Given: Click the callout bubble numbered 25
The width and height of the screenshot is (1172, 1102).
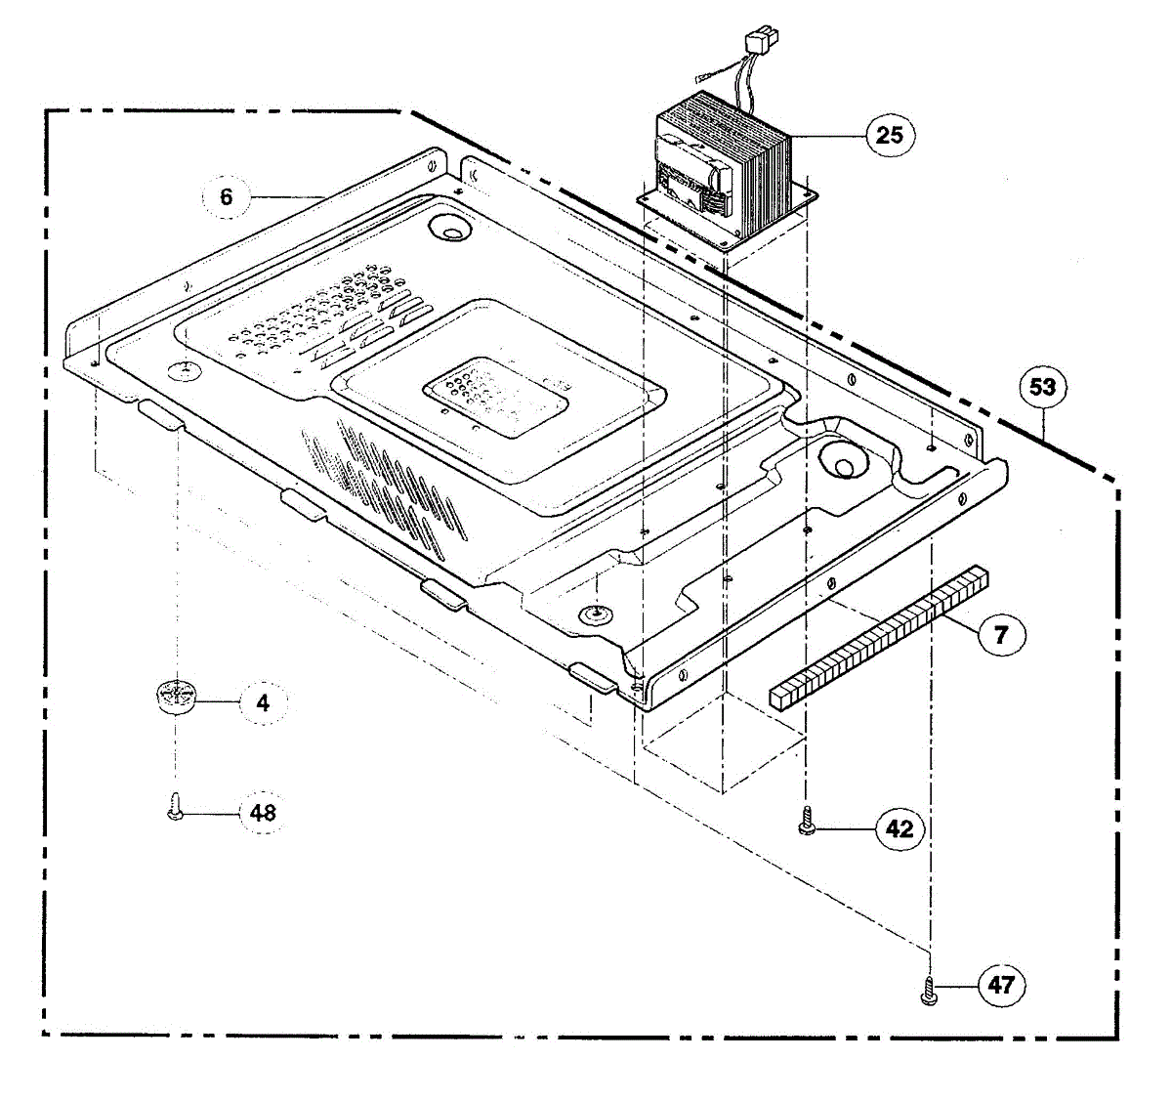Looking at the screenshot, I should [x=890, y=134].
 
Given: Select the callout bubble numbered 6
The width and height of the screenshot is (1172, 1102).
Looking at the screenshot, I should [x=227, y=197].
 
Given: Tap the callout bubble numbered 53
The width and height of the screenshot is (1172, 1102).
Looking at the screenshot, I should [x=1042, y=387].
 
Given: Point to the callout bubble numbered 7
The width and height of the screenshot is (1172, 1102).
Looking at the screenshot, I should [x=1000, y=635].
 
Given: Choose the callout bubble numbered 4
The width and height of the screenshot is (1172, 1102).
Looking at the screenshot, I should [x=263, y=702].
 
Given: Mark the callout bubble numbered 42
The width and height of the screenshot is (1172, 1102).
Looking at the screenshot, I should [x=899, y=828].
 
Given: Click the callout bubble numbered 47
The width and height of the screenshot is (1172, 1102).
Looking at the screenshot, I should [x=1001, y=985].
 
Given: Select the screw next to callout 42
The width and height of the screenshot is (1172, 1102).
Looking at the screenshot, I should [x=807, y=821].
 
